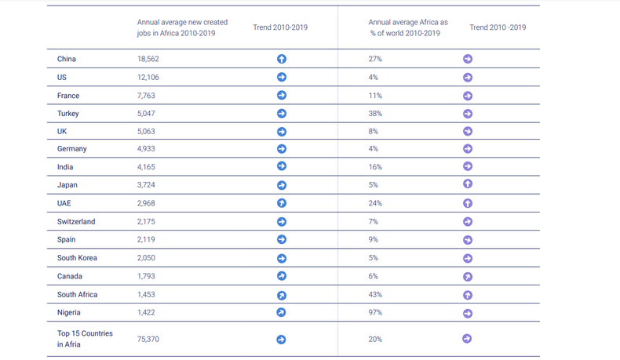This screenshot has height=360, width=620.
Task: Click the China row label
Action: [x=67, y=59]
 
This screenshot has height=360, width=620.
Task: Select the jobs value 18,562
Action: [x=148, y=59]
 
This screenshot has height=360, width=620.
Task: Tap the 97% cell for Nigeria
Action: [x=375, y=313]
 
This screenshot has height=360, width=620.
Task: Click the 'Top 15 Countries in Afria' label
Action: [x=85, y=339]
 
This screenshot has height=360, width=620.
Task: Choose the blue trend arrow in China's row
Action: [x=282, y=59]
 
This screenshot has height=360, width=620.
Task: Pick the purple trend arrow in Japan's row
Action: [x=468, y=184]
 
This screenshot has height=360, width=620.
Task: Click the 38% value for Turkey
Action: [x=375, y=114]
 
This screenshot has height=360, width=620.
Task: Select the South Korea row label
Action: [x=77, y=258]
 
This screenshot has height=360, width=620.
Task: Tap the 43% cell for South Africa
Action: [x=375, y=295]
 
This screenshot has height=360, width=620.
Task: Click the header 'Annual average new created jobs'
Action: [x=182, y=27]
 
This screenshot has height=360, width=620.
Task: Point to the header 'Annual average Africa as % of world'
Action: [x=408, y=27]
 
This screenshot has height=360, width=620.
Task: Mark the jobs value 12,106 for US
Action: [x=148, y=78]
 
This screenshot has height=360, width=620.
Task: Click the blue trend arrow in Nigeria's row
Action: [x=282, y=313]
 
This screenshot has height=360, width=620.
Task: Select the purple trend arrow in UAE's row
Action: [x=468, y=203]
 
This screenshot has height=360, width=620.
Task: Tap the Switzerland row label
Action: [x=76, y=222]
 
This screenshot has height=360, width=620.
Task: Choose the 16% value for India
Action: [x=374, y=167]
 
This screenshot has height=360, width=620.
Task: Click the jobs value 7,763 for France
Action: [x=147, y=96]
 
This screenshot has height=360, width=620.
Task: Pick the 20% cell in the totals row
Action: [x=375, y=339]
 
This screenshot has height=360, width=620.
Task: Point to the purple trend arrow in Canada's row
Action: [x=468, y=277]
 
